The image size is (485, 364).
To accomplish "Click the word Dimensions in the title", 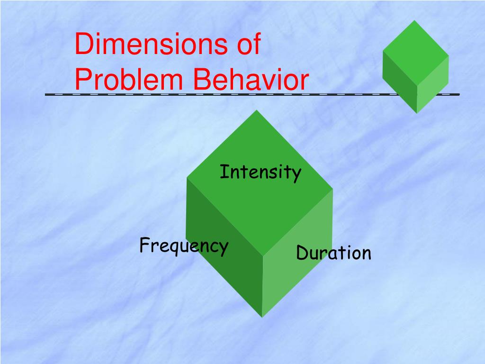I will (147, 45).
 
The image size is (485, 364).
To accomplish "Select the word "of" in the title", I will (248, 45).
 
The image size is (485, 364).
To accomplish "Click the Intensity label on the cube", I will (260, 172).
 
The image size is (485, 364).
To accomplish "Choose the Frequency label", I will (184, 246).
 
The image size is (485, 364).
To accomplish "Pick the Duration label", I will (333, 253).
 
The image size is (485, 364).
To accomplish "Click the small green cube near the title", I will (415, 66).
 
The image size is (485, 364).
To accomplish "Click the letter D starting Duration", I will (302, 253).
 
